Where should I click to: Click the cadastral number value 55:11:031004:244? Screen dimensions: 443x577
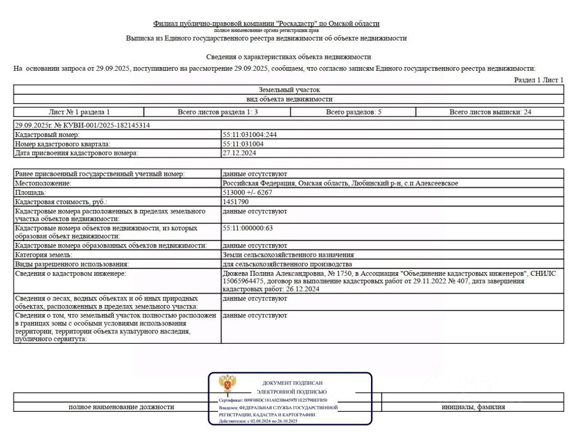[x=249, y=135]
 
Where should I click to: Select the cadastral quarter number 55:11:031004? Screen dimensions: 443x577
[x=243, y=144]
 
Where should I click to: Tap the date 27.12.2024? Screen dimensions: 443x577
[x=239, y=153]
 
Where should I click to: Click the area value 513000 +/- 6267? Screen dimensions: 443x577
[x=247, y=192]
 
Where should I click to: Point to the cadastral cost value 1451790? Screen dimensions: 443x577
[x=235, y=202]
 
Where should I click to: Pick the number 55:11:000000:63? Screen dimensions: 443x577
[x=247, y=228]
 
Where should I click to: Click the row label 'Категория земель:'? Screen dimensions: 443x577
[x=43, y=255]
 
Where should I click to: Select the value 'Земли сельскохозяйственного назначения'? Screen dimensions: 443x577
[x=288, y=255]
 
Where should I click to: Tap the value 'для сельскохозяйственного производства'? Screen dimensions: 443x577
[x=287, y=264]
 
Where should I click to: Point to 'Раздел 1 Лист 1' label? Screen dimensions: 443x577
[x=538, y=80]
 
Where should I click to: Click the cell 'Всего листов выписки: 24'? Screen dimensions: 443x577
[x=490, y=112]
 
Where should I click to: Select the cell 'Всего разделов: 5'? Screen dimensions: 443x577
[x=353, y=112]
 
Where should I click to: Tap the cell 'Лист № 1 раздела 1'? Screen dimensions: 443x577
[x=79, y=112]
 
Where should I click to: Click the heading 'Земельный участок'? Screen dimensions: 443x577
[x=289, y=90]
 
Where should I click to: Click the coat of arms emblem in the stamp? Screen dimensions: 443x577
[x=228, y=384]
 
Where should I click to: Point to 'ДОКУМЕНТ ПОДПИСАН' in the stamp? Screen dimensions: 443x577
[x=292, y=383]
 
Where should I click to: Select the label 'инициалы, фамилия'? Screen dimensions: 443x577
[x=473, y=407]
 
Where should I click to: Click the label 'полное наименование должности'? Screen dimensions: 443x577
[x=121, y=407]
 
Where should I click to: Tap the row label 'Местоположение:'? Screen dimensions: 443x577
[x=43, y=183]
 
